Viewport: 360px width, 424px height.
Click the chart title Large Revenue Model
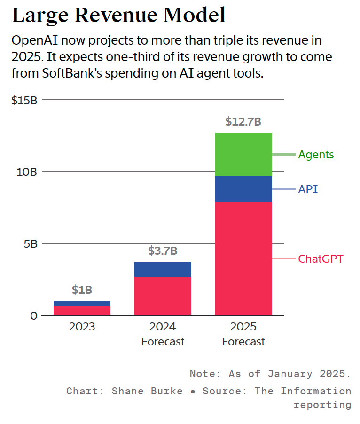pyautogui.click(x=118, y=15)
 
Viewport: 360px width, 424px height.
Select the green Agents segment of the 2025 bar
pyautogui.click(x=243, y=154)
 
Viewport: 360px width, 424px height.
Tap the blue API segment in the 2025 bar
pyautogui.click(x=243, y=189)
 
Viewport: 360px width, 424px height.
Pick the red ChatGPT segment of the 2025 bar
pyautogui.click(x=243, y=258)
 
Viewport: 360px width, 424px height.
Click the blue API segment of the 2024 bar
pyautogui.click(x=163, y=269)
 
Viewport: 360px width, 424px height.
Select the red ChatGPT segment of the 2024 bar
pyautogui.click(x=163, y=296)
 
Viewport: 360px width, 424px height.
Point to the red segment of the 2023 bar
pyautogui.click(x=82, y=310)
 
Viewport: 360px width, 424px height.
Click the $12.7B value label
pyautogui.click(x=243, y=122)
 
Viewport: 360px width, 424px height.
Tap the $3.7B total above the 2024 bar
pyautogui.click(x=163, y=251)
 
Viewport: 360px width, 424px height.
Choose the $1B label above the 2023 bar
pyautogui.click(x=82, y=290)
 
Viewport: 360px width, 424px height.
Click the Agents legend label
pyautogui.click(x=316, y=155)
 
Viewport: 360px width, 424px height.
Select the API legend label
pyautogui.click(x=308, y=189)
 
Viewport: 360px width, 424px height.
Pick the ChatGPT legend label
pyautogui.click(x=321, y=259)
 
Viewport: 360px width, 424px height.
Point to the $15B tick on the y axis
pyautogui.click(x=24, y=100)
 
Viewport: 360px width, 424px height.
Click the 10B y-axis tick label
pyautogui.click(x=27, y=172)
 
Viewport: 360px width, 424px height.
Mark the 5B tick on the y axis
pyautogui.click(x=30, y=244)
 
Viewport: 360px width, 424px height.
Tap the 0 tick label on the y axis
pyautogui.click(x=33, y=316)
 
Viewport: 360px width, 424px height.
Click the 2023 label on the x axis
pyautogui.click(x=82, y=327)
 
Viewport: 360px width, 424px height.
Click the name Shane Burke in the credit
pyautogui.click(x=147, y=391)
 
